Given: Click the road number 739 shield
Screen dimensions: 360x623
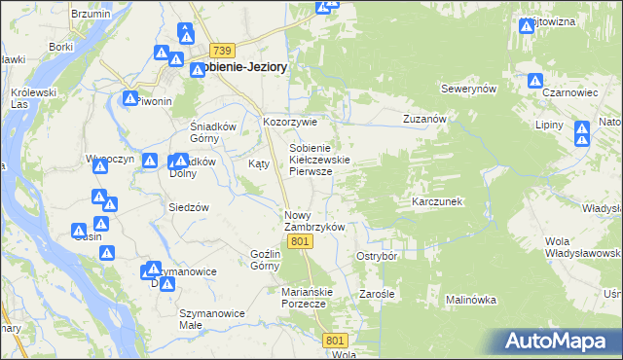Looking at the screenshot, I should pos(223,51).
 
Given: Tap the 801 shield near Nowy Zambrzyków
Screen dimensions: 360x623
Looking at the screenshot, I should pos(301,241).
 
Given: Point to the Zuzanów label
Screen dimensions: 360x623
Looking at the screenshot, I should pos(424,119).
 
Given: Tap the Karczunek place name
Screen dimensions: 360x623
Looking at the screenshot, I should pos(436,201).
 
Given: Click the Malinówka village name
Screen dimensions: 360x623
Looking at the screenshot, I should pos(472,301).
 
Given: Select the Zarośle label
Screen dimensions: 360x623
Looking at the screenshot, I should pos(376,293).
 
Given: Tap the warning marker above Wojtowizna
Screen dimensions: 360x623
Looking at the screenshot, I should pos(527,25).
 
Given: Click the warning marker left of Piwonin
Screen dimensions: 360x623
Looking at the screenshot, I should pos(129,98).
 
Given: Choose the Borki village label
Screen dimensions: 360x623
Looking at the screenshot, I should pos(61,46).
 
